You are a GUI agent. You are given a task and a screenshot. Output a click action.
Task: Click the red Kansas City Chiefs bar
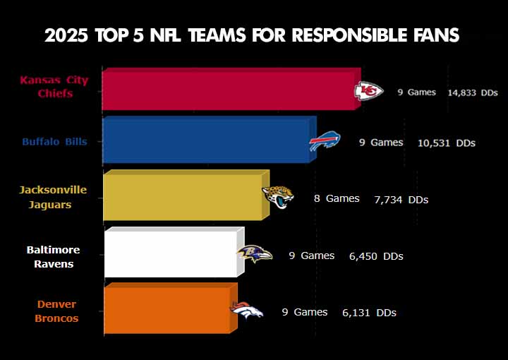click(229, 90)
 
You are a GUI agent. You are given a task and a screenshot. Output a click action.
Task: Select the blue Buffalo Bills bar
click(205, 141)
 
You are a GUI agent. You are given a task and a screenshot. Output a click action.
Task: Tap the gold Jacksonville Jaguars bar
click(183, 196)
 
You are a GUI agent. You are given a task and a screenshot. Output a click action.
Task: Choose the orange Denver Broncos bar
click(167, 308)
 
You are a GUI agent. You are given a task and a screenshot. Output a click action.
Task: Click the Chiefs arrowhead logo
click(368, 91)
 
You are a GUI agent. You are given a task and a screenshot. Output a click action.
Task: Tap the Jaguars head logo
click(278, 196)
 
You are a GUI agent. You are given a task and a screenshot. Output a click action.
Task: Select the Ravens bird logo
click(253, 253)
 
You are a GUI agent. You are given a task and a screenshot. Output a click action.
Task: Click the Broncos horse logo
click(247, 310)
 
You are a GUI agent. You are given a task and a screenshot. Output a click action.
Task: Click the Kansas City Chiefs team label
click(54, 87)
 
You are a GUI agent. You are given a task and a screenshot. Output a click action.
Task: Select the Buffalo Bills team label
click(54, 142)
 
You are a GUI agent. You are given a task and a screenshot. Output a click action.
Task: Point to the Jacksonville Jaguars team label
click(53, 197)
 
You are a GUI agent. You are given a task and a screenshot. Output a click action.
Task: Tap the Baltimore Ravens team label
click(54, 257)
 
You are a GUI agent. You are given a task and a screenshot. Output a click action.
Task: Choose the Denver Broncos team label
click(56, 311)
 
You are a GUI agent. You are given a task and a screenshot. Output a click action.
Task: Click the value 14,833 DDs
click(473, 92)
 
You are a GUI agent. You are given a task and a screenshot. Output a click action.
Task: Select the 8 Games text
click(337, 199)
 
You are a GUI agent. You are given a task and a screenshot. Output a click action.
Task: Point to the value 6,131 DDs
click(369, 313)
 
